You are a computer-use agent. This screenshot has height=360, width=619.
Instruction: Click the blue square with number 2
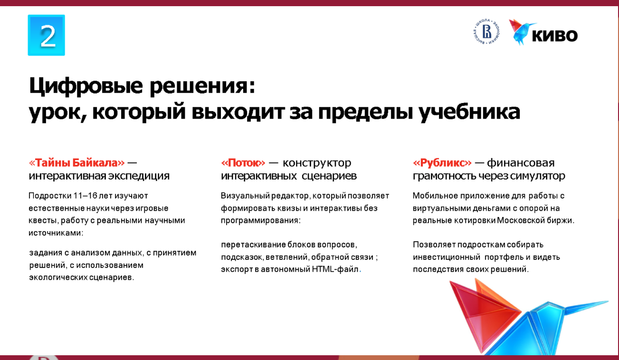click(x=47, y=35)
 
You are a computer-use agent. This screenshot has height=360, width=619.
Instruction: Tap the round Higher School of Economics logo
click(x=486, y=32)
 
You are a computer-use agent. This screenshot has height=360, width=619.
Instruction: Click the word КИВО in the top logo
click(x=554, y=36)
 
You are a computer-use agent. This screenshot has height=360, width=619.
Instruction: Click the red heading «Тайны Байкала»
click(x=77, y=163)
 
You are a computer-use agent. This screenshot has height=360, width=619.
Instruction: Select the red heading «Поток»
click(x=243, y=163)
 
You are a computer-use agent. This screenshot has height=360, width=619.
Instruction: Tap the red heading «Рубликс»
click(x=442, y=163)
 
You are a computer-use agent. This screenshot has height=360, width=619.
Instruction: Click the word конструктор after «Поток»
click(x=317, y=163)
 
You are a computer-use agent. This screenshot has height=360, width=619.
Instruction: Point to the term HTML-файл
click(x=335, y=269)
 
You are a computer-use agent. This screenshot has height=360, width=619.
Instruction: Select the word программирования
click(x=260, y=221)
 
